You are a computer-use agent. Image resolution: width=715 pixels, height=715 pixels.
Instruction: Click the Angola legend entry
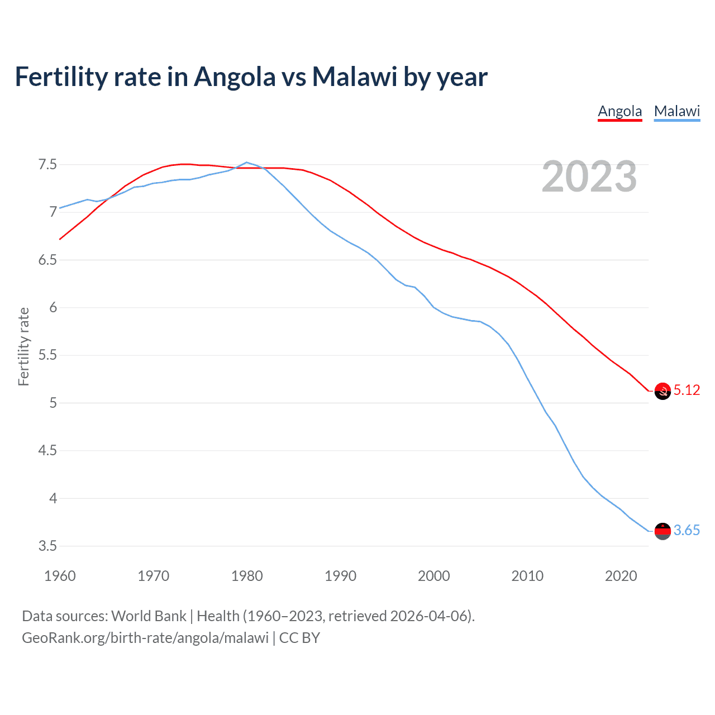click(619, 111)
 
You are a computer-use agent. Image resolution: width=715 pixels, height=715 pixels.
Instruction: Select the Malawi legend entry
click(676, 111)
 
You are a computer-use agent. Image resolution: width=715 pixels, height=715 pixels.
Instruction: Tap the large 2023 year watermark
click(589, 177)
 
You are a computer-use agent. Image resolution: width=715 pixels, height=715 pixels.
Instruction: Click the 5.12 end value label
click(687, 390)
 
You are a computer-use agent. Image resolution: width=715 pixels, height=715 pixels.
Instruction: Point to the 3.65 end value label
click(687, 530)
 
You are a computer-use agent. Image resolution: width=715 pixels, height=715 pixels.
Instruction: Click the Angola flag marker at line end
click(662, 392)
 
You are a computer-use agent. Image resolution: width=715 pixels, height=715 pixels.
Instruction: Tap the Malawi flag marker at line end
click(662, 531)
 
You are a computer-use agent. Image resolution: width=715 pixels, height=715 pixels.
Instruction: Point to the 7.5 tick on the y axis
click(47, 164)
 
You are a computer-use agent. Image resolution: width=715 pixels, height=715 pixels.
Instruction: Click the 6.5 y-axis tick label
click(47, 260)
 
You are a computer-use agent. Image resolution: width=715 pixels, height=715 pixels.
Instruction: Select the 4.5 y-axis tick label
click(47, 450)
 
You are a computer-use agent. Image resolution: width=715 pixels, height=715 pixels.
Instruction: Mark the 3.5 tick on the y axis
click(47, 546)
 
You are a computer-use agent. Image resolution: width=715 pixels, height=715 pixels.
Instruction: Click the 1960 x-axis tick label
click(60, 576)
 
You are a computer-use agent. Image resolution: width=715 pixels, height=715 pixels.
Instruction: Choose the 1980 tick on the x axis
click(247, 576)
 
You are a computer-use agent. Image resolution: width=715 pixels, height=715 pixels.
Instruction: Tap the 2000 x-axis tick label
click(433, 576)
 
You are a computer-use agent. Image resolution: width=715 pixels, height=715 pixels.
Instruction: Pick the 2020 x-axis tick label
click(621, 576)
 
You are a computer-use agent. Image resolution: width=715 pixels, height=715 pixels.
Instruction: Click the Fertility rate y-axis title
click(23, 346)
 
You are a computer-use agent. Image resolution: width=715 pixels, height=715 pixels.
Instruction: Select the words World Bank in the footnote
click(149, 616)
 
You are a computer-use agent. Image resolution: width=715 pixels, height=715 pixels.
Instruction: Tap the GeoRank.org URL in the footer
click(145, 638)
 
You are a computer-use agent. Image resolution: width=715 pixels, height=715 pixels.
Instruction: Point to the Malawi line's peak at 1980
click(247, 163)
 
